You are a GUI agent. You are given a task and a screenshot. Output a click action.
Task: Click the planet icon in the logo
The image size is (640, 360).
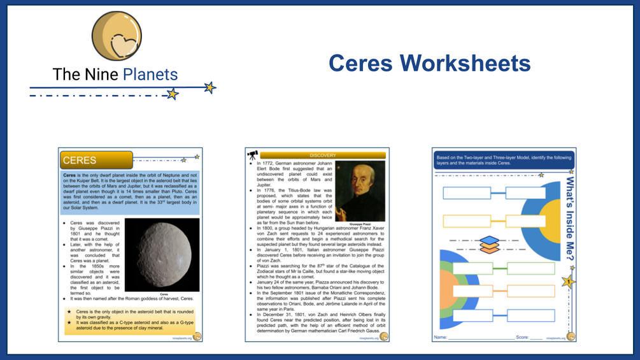tap(117, 36)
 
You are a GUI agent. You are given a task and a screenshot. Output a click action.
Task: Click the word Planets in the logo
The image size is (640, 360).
tap(150, 75)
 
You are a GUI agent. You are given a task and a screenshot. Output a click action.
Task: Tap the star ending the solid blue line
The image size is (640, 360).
tap(210, 88)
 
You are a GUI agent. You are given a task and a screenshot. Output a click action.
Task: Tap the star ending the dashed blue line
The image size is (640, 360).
tap(172, 94)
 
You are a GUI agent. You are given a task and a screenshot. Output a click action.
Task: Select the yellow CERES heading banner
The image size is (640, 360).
tap(96, 160)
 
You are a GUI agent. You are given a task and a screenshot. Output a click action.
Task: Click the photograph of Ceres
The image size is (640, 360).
tap(162, 254)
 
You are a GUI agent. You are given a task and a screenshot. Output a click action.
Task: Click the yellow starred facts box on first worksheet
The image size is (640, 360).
tap(130, 320)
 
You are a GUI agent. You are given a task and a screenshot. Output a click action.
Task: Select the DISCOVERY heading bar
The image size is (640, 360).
tap(322, 155)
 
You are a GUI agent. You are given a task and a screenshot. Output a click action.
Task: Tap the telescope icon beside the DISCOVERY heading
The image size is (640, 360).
tap(252, 155)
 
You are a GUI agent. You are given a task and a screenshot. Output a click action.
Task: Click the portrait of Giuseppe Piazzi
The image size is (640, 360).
tap(360, 190)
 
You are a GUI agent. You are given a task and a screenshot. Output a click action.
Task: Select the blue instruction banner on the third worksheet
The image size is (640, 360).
tap(502, 161)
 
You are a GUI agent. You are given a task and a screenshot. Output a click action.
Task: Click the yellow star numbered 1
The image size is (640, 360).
tap(568, 281)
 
